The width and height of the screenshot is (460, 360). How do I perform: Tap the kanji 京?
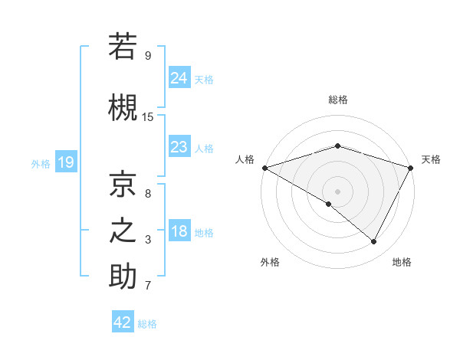(123, 184)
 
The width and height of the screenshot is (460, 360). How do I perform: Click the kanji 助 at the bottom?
(123, 277)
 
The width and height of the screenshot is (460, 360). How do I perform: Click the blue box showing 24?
(179, 77)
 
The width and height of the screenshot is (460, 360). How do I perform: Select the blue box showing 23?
(179, 146)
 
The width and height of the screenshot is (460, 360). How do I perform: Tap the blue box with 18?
(179, 231)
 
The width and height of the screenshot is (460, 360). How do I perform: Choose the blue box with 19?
(66, 162)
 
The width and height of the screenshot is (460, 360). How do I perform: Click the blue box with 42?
(123, 322)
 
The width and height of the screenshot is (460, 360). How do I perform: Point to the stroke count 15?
(148, 116)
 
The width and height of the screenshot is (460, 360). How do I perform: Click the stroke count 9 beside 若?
(148, 55)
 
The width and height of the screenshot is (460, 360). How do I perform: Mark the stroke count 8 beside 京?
(148, 194)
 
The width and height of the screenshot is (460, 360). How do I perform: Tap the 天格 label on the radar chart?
(431, 159)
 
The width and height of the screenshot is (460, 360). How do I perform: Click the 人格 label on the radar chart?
(245, 159)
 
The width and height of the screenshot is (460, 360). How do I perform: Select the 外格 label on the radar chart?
(270, 262)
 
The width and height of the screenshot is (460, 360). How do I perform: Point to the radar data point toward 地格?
(374, 242)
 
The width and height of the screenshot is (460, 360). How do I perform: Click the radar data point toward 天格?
(411, 167)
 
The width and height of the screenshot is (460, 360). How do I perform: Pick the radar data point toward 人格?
(264, 167)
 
